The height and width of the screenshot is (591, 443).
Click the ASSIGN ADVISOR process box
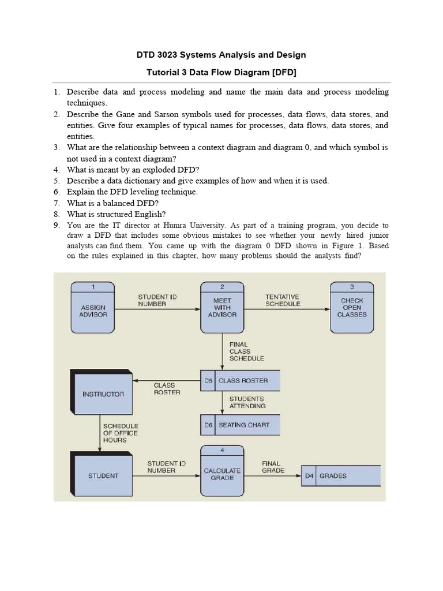click(92, 308)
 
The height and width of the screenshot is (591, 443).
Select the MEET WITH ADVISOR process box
click(222, 308)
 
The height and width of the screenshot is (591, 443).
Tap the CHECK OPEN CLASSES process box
click(352, 308)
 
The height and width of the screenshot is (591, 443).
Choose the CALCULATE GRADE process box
click(222, 471)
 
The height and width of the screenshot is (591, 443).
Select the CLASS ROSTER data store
click(247, 381)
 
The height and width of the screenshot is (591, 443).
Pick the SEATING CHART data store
click(247, 425)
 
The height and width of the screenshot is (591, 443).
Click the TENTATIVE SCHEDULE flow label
click(283, 300)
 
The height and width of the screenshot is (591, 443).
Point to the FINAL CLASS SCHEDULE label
click(246, 351)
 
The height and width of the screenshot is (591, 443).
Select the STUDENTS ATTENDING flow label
click(247, 402)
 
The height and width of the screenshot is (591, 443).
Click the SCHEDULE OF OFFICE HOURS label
click(121, 433)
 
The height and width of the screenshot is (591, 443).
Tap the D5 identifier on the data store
click(208, 381)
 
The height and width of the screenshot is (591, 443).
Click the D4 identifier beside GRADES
click(309, 476)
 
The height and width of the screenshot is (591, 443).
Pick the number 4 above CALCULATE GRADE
click(222, 450)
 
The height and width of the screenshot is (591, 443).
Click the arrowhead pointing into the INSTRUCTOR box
click(136, 381)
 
